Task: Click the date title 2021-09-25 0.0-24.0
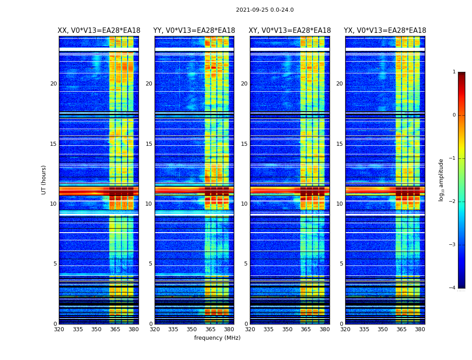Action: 265,10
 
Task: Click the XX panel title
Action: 99,31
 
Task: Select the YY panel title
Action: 194,31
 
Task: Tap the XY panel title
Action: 290,31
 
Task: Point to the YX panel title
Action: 385,31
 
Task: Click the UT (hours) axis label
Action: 44,180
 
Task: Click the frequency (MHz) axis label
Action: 217,338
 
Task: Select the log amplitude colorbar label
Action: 441,180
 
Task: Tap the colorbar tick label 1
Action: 454,72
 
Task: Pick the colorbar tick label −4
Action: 453,288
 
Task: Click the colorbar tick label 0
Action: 454,115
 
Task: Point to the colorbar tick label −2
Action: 453,202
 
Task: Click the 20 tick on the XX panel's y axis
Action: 53,84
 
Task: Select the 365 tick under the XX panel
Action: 115,329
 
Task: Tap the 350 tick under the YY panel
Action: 192,329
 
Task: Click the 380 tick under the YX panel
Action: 420,329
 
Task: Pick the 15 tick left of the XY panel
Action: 244,144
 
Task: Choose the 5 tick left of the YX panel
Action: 341,264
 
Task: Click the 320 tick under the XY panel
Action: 250,329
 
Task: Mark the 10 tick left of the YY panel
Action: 149,204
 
